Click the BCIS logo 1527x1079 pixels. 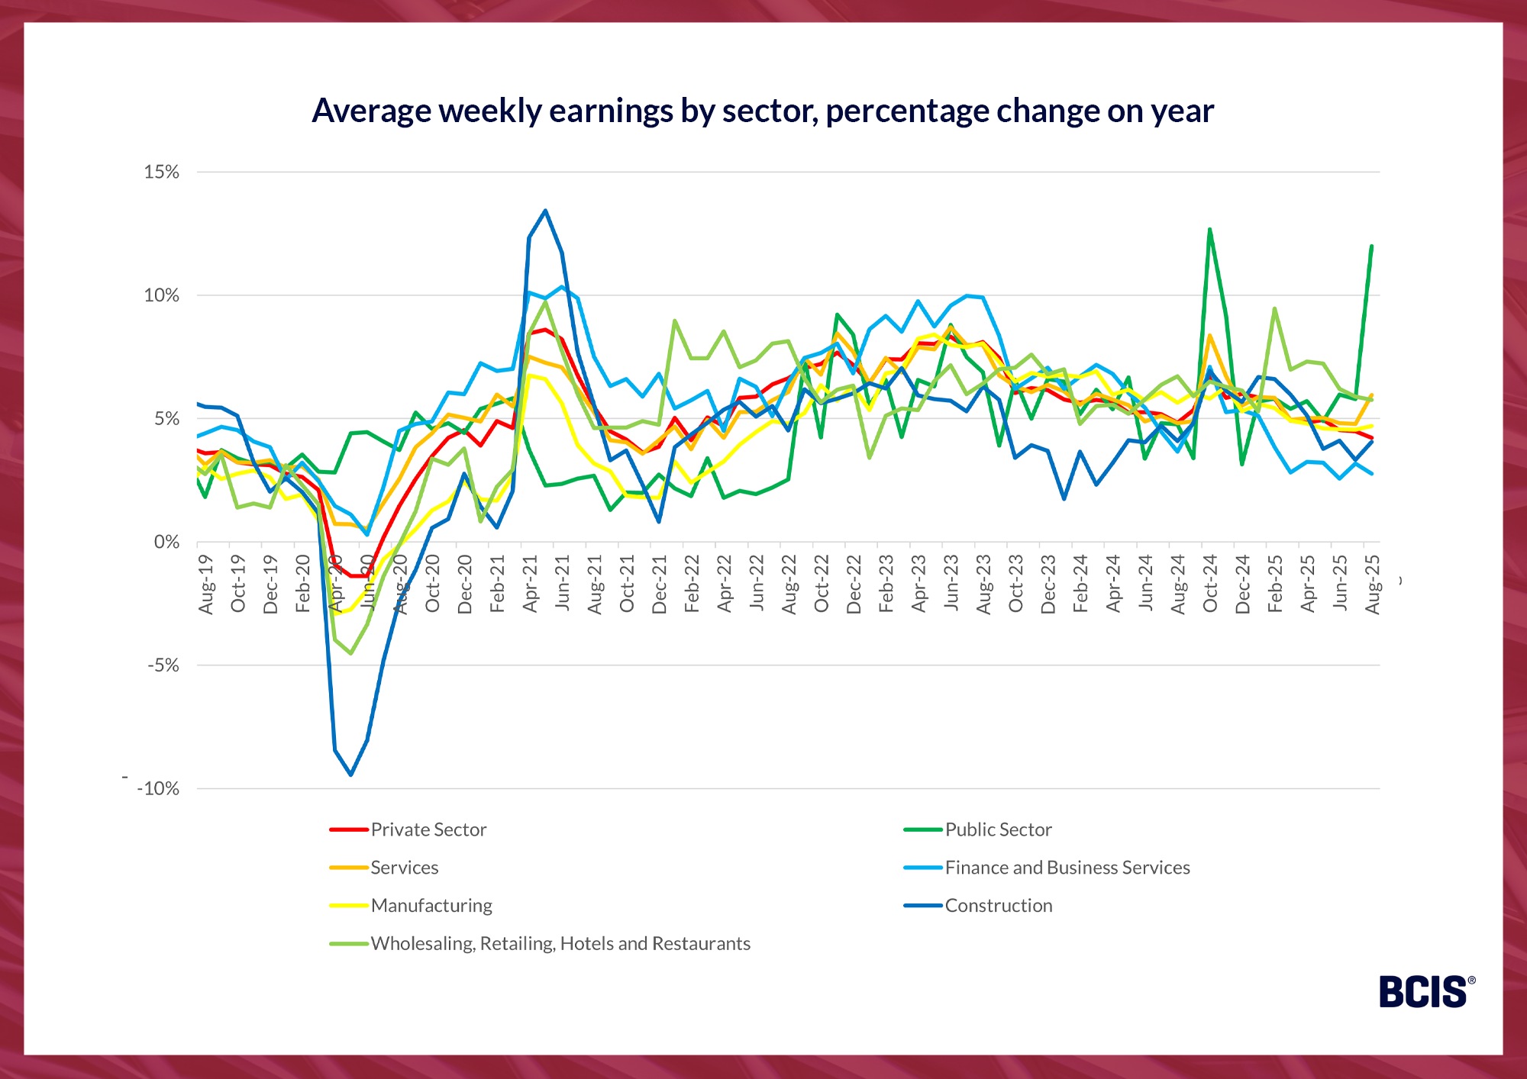point(1425,992)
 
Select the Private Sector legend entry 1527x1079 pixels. point(428,829)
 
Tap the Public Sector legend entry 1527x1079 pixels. point(998,829)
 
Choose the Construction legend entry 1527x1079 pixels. point(998,906)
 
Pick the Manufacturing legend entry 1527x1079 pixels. point(431,906)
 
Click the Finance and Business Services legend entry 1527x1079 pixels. point(1067,868)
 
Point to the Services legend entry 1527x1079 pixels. point(404,868)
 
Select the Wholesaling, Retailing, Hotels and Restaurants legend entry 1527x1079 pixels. point(560,944)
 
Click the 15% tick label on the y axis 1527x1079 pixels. point(161,172)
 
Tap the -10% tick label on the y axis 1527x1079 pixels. point(158,789)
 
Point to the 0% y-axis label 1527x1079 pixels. point(166,542)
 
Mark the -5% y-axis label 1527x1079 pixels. point(163,665)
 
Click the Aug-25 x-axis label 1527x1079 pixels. point(1373,584)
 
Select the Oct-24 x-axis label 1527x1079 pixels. point(1210,584)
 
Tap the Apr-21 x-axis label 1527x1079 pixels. point(530,584)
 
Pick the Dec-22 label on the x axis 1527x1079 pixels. point(854,584)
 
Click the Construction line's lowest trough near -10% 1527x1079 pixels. point(350,775)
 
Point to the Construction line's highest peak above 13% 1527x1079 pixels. point(545,211)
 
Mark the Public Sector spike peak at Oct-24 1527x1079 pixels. point(1209,229)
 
